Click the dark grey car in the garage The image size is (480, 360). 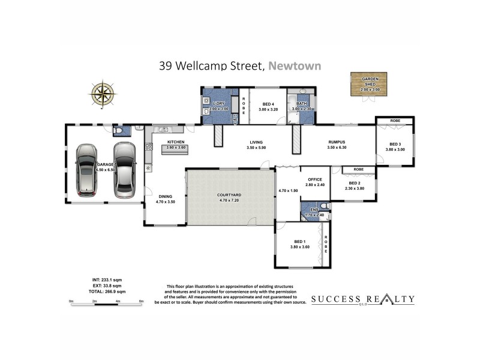(x=125, y=170)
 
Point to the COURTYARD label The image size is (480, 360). (x=229, y=195)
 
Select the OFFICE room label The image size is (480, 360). (x=315, y=179)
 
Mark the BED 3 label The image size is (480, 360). (x=395, y=144)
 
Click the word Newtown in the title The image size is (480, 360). (x=295, y=66)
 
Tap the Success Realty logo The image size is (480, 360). (x=362, y=299)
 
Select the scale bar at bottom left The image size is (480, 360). (x=106, y=303)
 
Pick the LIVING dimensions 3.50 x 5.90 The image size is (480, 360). (x=256, y=148)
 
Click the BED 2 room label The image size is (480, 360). (x=355, y=183)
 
